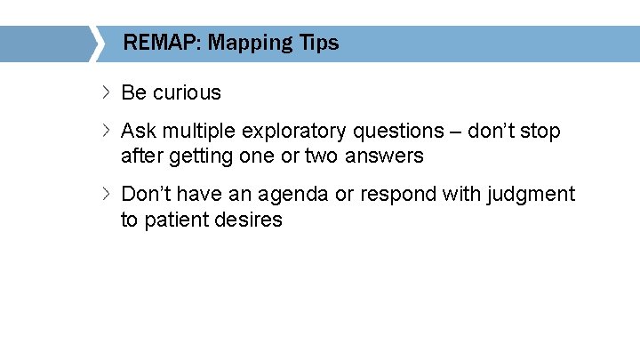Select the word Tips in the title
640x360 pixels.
pyautogui.click(x=317, y=43)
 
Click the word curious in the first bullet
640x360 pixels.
pyautogui.click(x=187, y=92)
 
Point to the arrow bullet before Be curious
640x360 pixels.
pyautogui.click(x=106, y=92)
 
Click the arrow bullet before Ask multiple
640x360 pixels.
pyautogui.click(x=106, y=131)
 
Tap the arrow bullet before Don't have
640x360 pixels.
pyautogui.click(x=106, y=193)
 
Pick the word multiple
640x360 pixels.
pyautogui.click(x=199, y=132)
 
